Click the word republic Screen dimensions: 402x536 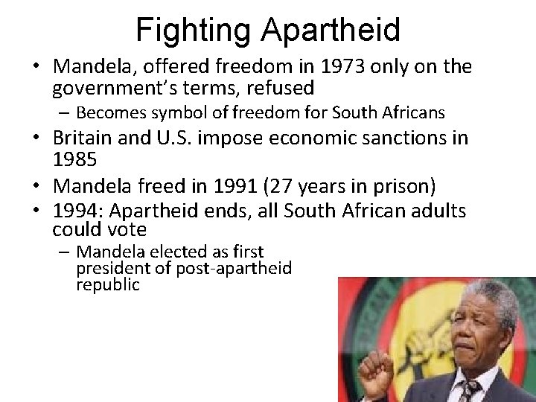[x=107, y=284]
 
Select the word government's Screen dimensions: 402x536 [x=109, y=88]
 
